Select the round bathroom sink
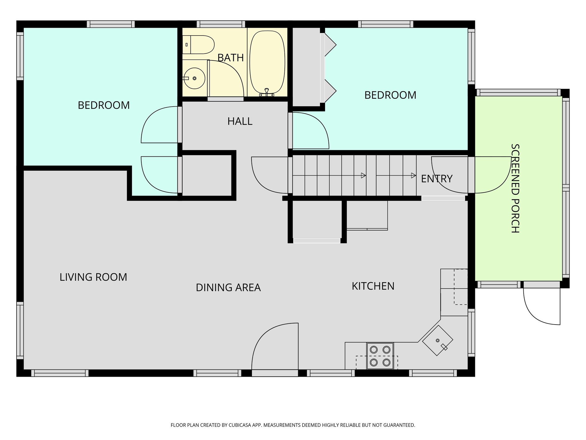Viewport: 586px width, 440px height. (x=195, y=78)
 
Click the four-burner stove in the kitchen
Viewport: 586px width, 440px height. (x=380, y=356)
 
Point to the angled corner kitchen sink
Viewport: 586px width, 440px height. (x=437, y=341)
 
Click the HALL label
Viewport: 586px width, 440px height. (x=240, y=121)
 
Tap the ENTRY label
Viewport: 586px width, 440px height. (x=437, y=179)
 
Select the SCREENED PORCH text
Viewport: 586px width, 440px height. (x=515, y=188)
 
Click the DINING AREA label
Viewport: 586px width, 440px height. (x=228, y=288)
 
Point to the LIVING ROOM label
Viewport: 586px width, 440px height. (x=93, y=277)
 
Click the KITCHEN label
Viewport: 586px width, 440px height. (x=373, y=286)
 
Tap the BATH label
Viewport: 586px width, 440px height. (x=230, y=58)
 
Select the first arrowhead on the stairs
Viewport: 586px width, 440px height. (x=363, y=175)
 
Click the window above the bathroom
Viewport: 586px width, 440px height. (x=221, y=24)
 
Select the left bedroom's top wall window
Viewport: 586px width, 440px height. (x=111, y=24)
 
